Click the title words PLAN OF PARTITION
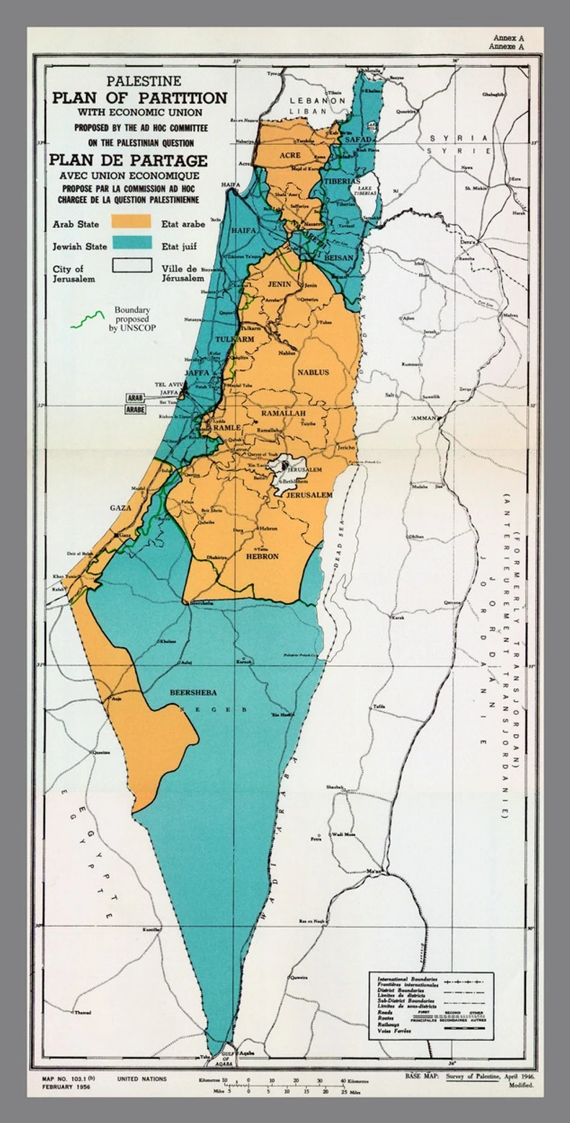point(139,98)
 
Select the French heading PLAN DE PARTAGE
point(128,160)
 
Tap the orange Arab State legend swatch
point(131,221)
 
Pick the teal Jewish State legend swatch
point(131,243)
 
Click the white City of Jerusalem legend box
point(131,265)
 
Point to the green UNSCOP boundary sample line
point(87,320)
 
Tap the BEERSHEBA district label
point(192,692)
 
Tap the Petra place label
point(315,839)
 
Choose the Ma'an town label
point(373,871)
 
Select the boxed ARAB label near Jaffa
point(136,397)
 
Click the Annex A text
point(509,38)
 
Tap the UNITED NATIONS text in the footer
point(141,1079)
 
